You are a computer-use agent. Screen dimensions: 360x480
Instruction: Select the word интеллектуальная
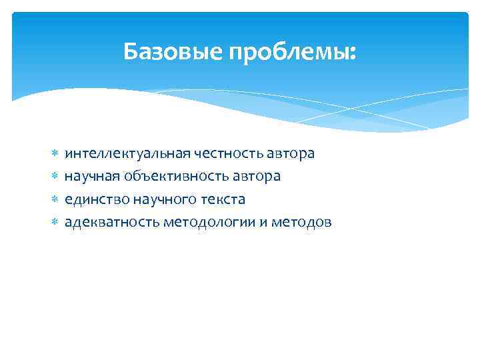127,153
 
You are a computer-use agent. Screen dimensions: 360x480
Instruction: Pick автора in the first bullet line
291,154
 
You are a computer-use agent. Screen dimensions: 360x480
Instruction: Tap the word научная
91,176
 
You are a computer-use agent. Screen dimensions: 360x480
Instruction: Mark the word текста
222,199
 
